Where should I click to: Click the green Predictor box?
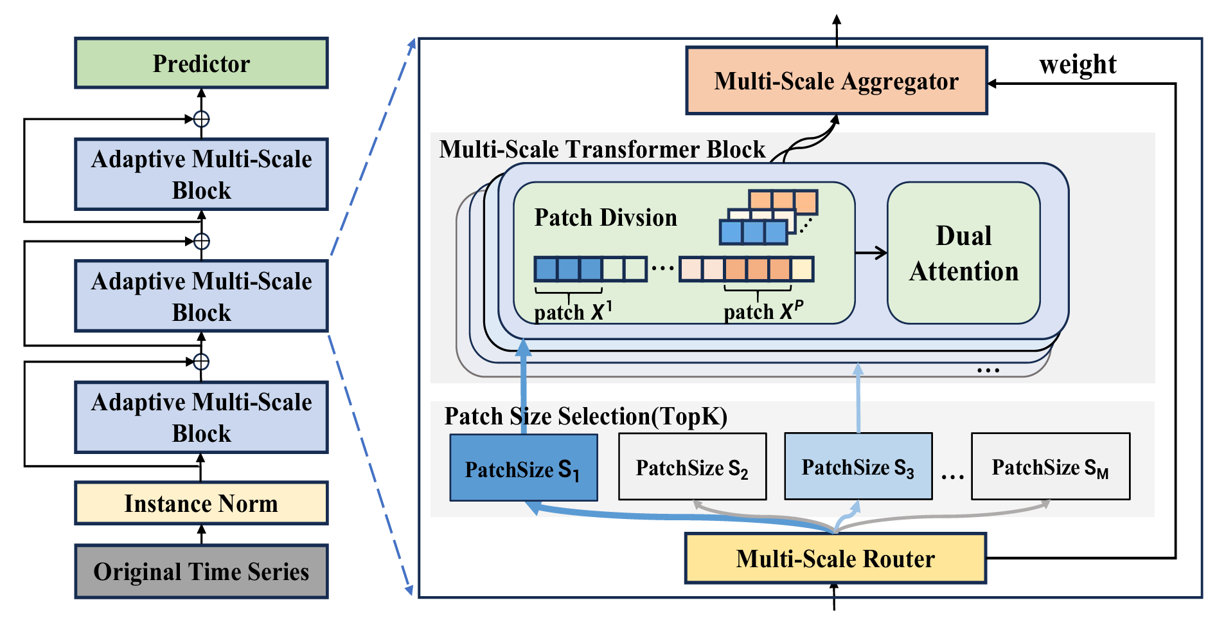click(x=201, y=63)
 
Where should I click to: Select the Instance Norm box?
click(x=201, y=503)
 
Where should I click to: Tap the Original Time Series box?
click(x=201, y=572)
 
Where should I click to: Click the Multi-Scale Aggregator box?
click(x=836, y=81)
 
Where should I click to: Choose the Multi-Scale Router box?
click(x=835, y=558)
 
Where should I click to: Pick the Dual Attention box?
click(x=963, y=253)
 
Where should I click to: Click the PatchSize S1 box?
click(x=523, y=468)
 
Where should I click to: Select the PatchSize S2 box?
click(x=692, y=468)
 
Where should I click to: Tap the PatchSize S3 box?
click(x=858, y=467)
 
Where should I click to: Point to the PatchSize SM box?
click(x=1050, y=467)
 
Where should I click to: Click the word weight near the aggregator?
click(x=1078, y=64)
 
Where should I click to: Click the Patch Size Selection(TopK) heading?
click(x=585, y=416)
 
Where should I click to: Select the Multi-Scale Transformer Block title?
click(x=602, y=149)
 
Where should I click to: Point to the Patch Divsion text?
click(x=605, y=217)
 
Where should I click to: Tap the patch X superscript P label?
click(x=763, y=311)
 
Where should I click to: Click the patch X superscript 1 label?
click(x=573, y=312)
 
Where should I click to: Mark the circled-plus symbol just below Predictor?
click(x=202, y=119)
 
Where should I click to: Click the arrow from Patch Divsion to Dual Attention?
click(x=871, y=253)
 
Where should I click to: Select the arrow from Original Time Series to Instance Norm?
click(x=202, y=534)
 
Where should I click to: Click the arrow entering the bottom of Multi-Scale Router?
click(x=834, y=596)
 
